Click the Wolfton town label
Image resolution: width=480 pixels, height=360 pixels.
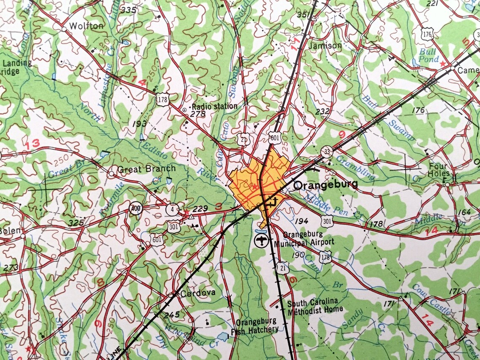[86, 26]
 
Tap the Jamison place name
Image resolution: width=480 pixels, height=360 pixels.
[325, 45]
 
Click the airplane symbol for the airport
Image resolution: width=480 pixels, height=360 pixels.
[261, 241]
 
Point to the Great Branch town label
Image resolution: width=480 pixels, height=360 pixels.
[146, 169]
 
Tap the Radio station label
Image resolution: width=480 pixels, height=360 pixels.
[214, 106]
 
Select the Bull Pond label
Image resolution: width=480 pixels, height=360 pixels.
[429, 55]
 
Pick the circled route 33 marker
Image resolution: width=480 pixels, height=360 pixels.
[326, 151]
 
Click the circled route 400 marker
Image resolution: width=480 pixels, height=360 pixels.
[136, 209]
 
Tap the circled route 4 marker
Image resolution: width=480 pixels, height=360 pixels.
[173, 208]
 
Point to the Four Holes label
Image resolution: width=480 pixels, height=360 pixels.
[439, 170]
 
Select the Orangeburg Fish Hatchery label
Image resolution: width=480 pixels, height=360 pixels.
[257, 325]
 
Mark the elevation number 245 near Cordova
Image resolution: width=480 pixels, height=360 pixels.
[172, 314]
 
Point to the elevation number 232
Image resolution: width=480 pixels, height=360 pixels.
[323, 111]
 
